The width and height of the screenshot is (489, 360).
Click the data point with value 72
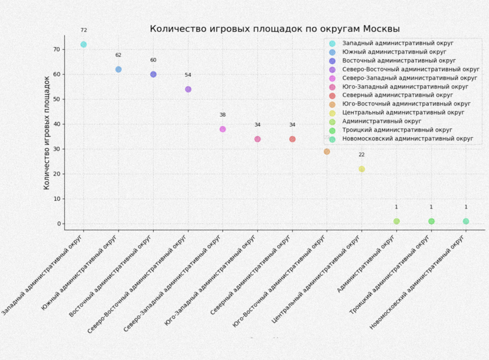84,45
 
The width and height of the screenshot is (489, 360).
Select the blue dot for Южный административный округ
118,70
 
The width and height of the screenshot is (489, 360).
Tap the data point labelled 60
153,74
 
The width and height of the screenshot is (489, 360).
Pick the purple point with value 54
188,89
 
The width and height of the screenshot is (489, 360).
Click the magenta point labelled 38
223,129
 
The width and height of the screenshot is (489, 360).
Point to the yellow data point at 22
362,169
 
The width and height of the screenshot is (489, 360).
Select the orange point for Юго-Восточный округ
327,151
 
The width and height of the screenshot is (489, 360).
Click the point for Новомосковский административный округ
466,221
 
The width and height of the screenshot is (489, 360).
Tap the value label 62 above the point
118,55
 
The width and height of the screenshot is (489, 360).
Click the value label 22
362,155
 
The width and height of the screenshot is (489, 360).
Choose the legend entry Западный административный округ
398,43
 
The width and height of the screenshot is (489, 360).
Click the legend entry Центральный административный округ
403,113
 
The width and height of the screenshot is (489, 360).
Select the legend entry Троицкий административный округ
397,130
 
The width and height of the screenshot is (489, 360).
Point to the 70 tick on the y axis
56,49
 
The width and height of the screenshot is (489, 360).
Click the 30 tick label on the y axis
56,149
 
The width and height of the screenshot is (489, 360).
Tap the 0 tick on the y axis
58,224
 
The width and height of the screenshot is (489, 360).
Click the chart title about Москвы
275,29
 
